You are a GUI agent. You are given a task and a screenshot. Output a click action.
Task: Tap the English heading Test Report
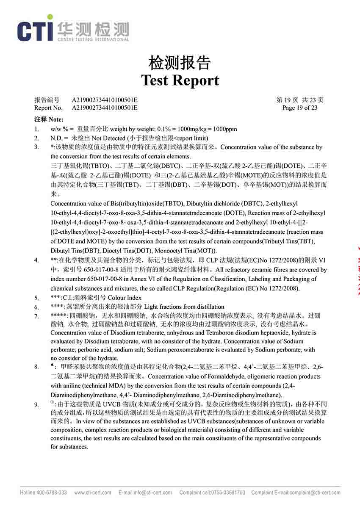pos(180,80)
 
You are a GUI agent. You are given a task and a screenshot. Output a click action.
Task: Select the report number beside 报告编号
pos(105,100)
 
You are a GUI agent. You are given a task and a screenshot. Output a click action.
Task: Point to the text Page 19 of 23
pos(299,108)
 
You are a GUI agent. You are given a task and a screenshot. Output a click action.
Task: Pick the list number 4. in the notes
pos(37,260)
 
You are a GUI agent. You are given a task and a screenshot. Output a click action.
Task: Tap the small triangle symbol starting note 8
pos(52,365)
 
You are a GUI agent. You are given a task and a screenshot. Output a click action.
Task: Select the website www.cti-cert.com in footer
pos(93,492)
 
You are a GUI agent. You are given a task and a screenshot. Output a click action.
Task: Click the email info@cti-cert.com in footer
pos(153,492)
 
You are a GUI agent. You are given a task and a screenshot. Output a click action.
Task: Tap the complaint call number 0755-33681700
pos(229,492)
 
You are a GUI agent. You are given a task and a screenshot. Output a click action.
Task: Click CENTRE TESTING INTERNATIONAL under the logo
pos(93,39)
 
